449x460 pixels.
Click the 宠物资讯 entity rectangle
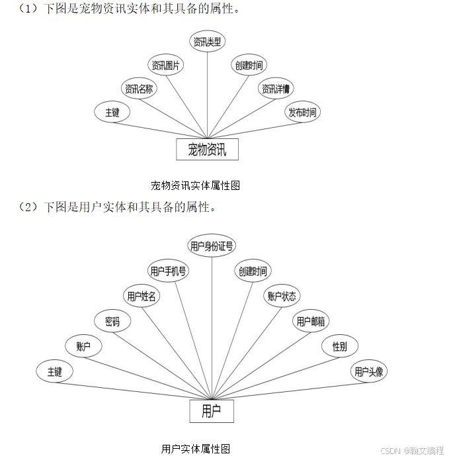pos(207,149)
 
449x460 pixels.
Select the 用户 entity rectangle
pos(212,411)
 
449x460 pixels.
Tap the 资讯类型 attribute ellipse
pos(208,42)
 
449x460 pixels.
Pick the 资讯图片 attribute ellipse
pos(166,65)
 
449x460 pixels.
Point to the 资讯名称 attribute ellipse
pos(140,89)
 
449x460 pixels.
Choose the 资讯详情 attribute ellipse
pos(276,89)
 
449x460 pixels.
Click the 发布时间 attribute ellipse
pos(302,112)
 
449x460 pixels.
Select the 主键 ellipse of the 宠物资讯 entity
pos(112,112)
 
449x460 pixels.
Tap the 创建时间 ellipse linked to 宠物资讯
pos(249,65)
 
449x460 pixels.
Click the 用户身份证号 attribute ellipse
pos(212,246)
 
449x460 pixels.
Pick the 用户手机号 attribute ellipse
pos(169,271)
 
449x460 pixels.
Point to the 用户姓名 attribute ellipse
pos(142,296)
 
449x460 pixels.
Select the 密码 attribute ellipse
pos(112,322)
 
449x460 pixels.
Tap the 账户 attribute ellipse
pos(84,345)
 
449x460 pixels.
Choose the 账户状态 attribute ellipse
pos(282,296)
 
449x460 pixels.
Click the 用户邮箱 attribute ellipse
pos(311,322)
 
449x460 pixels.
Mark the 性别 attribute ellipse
pos(340,345)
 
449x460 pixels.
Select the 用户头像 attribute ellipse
pos(368,371)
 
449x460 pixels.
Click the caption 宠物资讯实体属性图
pos(196,185)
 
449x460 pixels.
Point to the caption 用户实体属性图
pos(196,449)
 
